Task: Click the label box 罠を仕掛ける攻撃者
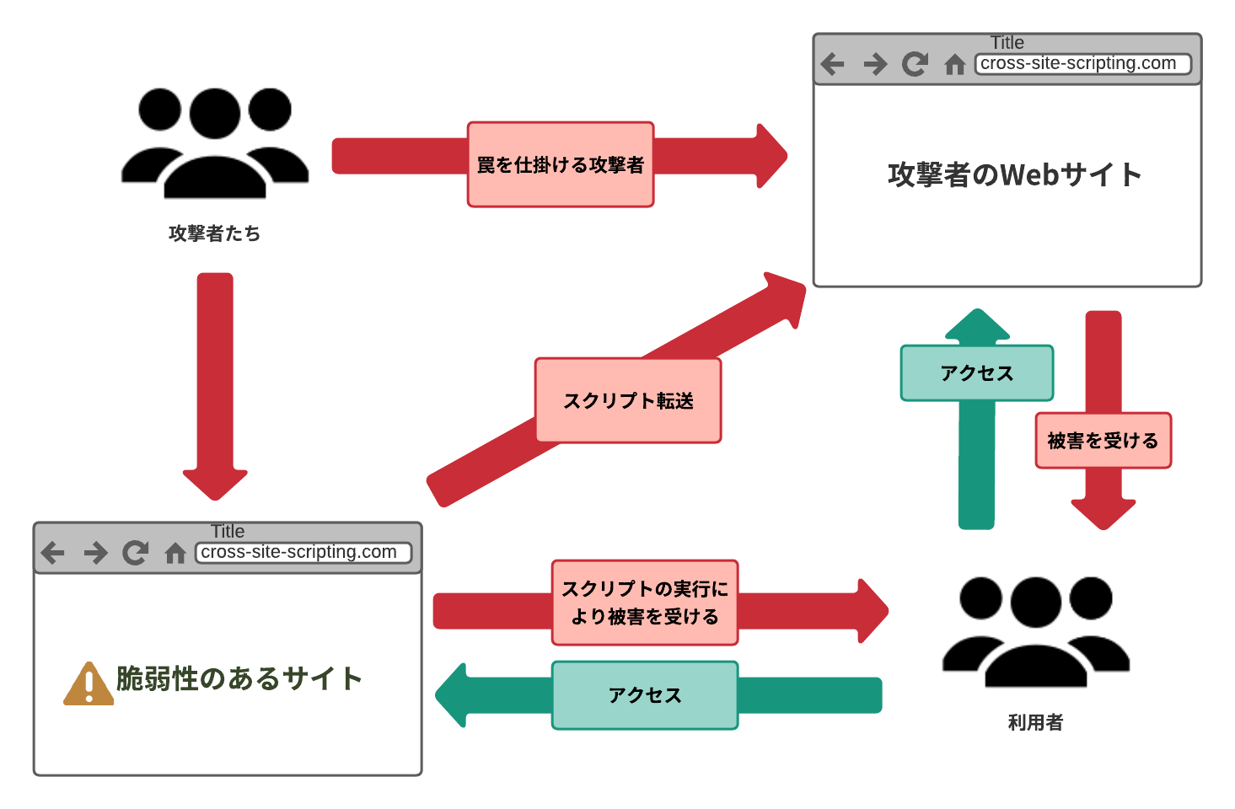click(x=561, y=164)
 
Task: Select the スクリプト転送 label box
click(x=628, y=400)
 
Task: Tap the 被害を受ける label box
click(x=1103, y=440)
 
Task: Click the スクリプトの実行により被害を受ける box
click(x=645, y=603)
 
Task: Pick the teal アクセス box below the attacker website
click(x=976, y=372)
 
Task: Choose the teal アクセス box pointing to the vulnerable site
click(x=645, y=695)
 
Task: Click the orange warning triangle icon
click(x=89, y=683)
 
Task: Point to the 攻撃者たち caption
click(x=214, y=233)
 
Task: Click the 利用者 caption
click(x=1035, y=722)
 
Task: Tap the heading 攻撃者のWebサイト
click(x=1014, y=174)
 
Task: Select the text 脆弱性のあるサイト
click(x=239, y=678)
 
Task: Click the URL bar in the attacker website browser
click(x=1082, y=64)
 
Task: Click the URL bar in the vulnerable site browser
click(x=303, y=553)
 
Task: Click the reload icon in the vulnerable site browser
click(x=135, y=553)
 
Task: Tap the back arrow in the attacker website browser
click(x=832, y=64)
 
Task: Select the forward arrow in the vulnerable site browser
click(x=95, y=553)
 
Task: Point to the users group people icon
click(x=1035, y=632)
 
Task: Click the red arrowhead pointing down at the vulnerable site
click(x=215, y=483)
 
